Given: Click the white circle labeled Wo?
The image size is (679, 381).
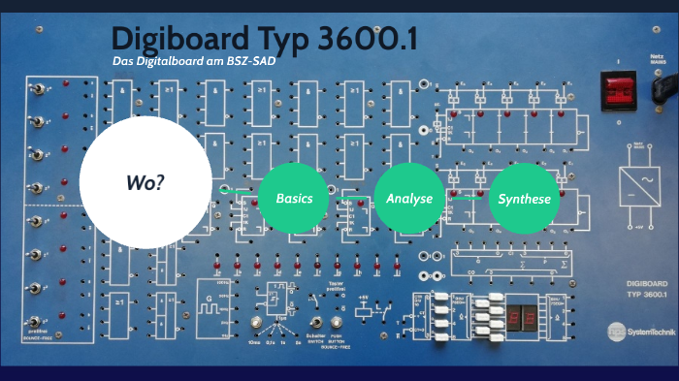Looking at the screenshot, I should [x=145, y=182].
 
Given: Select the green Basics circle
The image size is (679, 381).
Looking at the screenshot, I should [x=294, y=198].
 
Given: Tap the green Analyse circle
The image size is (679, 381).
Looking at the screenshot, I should [x=409, y=198].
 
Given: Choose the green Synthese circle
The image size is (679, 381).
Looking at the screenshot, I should [x=524, y=199].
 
